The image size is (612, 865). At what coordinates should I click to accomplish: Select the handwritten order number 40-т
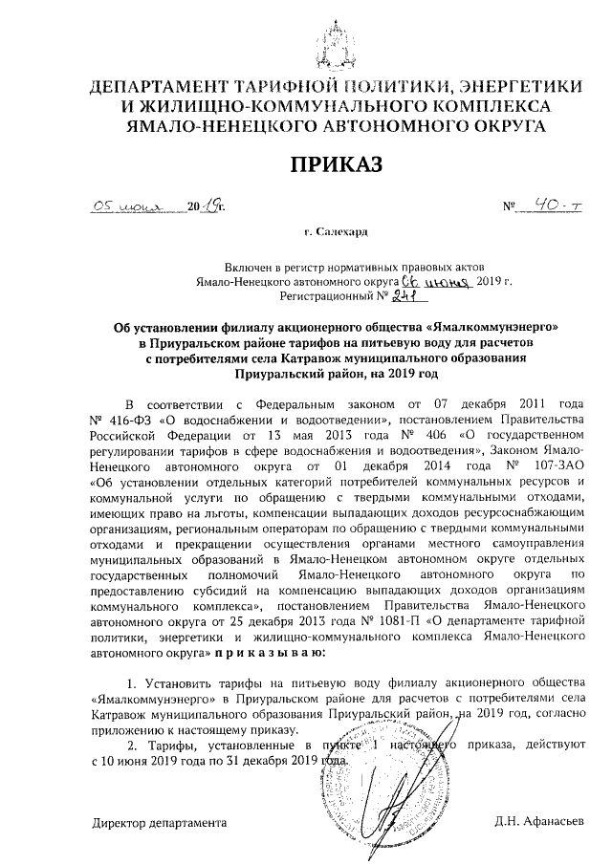(x=553, y=204)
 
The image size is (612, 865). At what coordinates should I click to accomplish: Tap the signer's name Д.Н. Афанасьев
(x=543, y=821)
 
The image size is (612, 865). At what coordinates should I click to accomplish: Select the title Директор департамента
(x=160, y=821)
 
